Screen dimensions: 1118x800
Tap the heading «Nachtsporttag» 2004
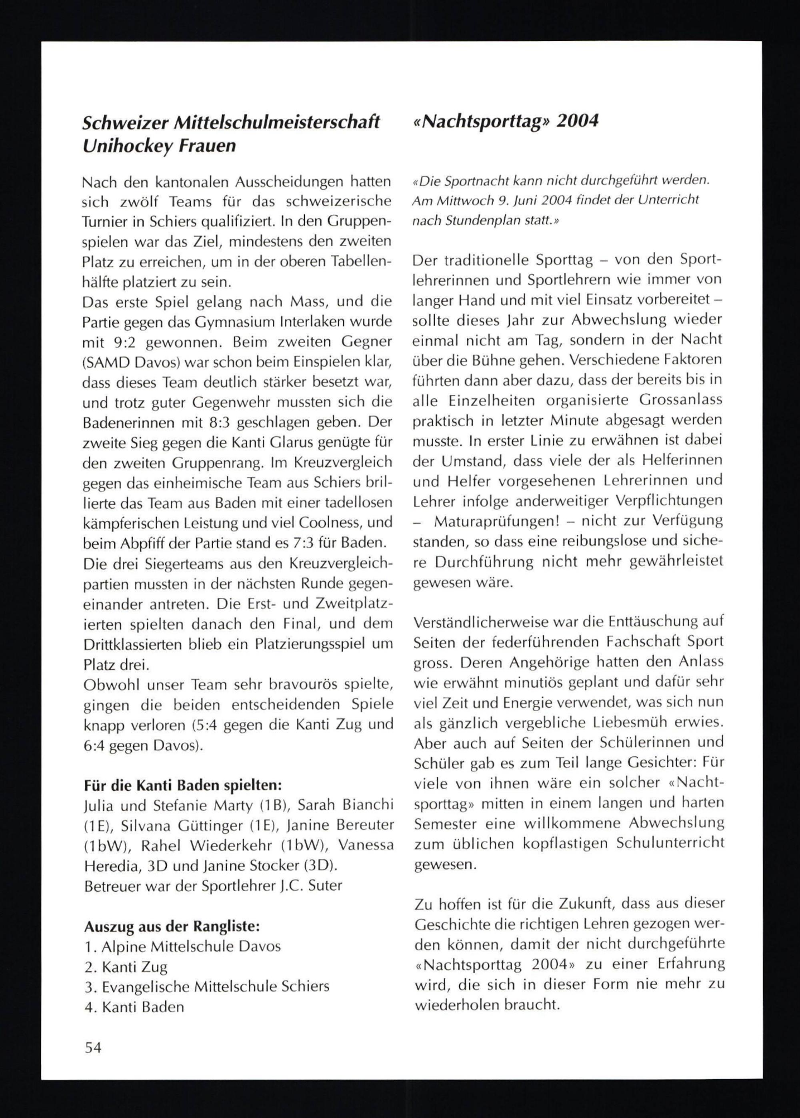[506, 121]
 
